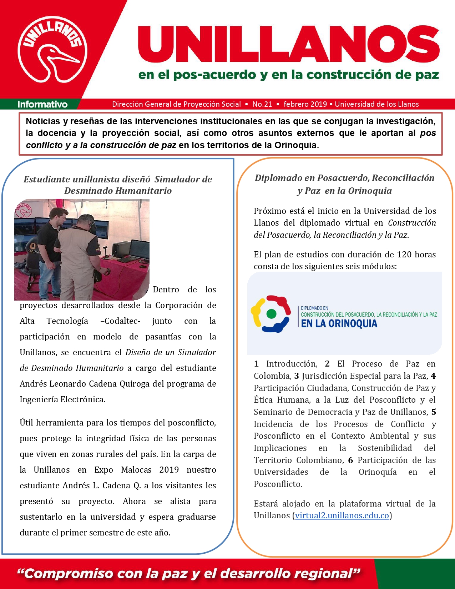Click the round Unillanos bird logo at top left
click(x=52, y=49)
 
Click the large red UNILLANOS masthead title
click(x=288, y=45)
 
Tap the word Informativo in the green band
click(x=42, y=104)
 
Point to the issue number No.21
click(x=262, y=104)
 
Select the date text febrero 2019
click(x=305, y=104)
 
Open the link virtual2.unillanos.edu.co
click(x=342, y=515)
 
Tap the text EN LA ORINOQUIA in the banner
click(x=339, y=324)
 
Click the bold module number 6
click(x=350, y=460)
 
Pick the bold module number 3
click(x=296, y=376)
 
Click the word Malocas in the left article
click(x=136, y=470)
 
